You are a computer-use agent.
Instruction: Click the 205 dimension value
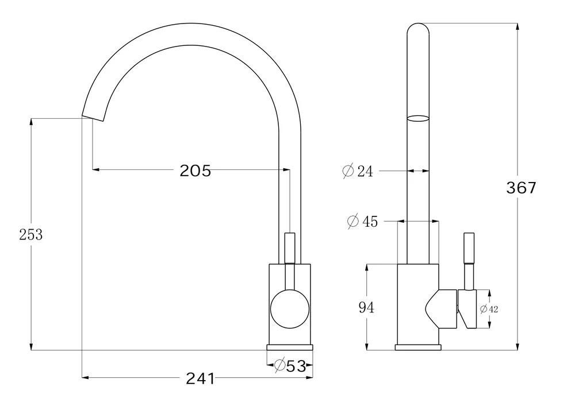tap(195, 171)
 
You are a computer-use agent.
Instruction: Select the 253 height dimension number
tap(31, 235)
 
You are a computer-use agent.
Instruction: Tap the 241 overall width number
tap(200, 378)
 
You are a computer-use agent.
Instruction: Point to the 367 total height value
tap(521, 188)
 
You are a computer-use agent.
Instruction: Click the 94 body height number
tap(366, 307)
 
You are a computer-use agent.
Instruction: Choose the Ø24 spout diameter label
tap(358, 171)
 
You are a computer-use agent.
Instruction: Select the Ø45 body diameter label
tap(362, 222)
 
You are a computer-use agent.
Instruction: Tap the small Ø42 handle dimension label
tap(489, 309)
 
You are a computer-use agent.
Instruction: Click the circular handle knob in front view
tap(290, 309)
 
